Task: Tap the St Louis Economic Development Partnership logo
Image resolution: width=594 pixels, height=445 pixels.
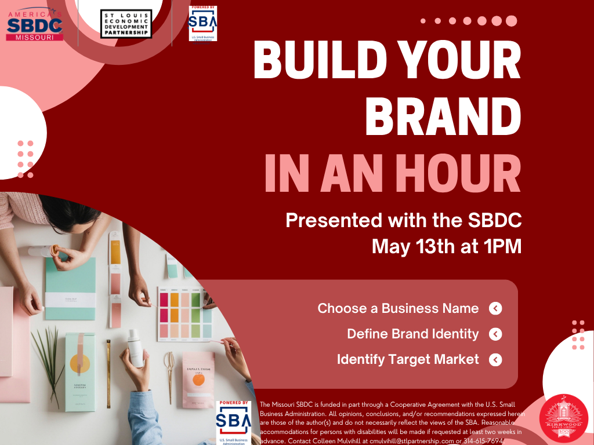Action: tap(126, 24)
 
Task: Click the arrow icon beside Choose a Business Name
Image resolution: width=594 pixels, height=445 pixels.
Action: tap(495, 308)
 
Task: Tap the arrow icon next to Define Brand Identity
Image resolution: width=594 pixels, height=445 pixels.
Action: tap(495, 334)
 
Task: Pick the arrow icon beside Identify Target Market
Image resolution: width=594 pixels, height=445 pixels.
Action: tap(495, 360)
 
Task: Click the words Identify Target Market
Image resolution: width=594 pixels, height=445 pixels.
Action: tap(408, 360)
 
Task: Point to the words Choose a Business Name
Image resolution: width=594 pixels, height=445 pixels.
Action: tap(398, 308)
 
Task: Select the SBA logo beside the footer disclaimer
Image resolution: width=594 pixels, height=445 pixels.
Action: tap(234, 421)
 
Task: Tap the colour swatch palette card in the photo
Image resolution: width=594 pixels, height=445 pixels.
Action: tap(182, 315)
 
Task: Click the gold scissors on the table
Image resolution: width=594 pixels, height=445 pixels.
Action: tap(169, 371)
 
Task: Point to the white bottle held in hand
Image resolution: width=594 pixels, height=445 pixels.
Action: tap(135, 348)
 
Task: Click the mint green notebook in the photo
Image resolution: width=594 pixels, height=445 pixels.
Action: tap(70, 289)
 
